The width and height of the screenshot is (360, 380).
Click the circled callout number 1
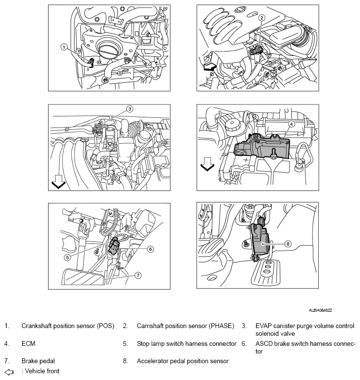click(63, 47)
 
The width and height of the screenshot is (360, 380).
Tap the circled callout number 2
click(261, 18)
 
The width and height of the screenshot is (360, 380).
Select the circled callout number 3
click(129, 109)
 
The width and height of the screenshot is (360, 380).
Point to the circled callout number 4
click(291, 123)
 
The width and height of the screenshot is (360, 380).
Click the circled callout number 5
click(68, 257)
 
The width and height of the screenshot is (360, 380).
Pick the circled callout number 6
click(150, 249)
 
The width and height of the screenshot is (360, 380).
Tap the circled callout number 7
click(138, 275)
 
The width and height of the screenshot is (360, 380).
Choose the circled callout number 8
click(288, 243)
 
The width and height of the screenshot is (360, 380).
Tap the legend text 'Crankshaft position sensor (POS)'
click(68, 326)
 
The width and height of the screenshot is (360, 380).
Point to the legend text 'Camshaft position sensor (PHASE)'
click(185, 326)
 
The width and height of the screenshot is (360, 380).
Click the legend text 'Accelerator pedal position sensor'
click(183, 360)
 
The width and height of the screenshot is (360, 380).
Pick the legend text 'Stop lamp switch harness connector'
click(186, 344)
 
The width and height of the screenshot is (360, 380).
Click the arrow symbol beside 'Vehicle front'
click(8, 371)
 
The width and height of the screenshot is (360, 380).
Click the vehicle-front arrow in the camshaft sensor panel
click(208, 67)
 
